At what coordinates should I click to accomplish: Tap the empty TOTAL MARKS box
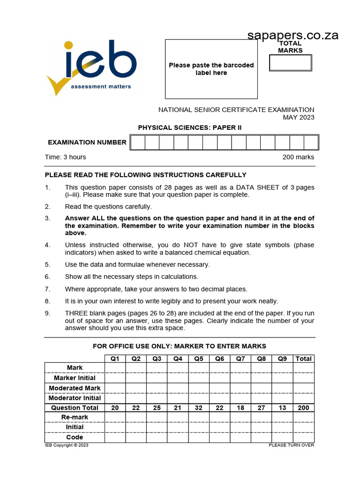pyautogui.click(x=290, y=63)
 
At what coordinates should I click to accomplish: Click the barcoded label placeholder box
pyautogui.click(x=211, y=69)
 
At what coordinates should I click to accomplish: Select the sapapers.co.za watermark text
pyautogui.click(x=292, y=35)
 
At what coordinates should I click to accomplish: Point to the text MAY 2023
pyautogui.click(x=298, y=117)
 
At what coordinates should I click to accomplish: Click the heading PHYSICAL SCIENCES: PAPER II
pyautogui.click(x=190, y=127)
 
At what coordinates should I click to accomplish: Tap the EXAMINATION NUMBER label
pyautogui.click(x=87, y=142)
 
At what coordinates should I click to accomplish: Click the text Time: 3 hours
pyautogui.click(x=66, y=157)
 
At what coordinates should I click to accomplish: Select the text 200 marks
pyautogui.click(x=298, y=157)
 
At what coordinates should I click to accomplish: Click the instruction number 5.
pyautogui.click(x=47, y=264)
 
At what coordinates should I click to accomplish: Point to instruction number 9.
pyautogui.click(x=47, y=313)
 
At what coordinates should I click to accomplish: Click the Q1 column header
pyautogui.click(x=115, y=359)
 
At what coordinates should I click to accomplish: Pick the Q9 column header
pyautogui.click(x=282, y=359)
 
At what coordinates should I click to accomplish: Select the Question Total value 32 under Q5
pyautogui.click(x=199, y=408)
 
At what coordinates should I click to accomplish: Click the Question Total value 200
pyautogui.click(x=303, y=408)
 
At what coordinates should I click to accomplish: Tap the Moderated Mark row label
pyautogui.click(x=75, y=388)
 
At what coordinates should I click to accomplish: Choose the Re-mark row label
pyautogui.click(x=75, y=417)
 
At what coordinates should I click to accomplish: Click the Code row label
pyautogui.click(x=75, y=437)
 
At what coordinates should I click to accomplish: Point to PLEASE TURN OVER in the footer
pyautogui.click(x=291, y=445)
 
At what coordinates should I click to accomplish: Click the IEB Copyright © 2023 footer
pyautogui.click(x=67, y=445)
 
